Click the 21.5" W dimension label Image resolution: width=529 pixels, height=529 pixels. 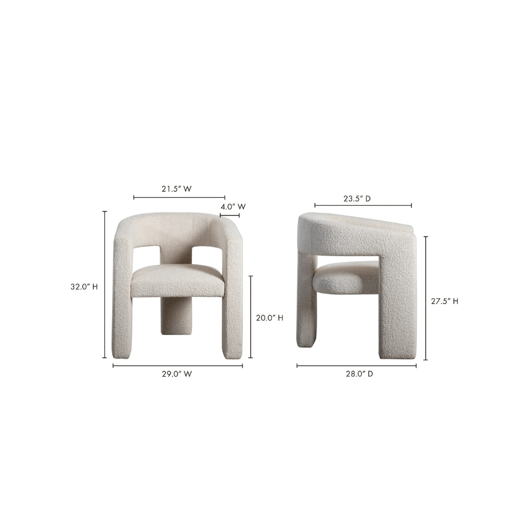click(176, 189)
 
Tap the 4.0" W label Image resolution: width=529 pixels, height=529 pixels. click(233, 207)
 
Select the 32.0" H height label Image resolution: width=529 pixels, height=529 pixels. click(84, 287)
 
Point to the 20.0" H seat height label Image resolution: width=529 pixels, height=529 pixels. click(269, 318)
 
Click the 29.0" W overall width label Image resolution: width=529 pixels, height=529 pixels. click(177, 374)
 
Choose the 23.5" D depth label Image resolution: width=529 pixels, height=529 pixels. click(357, 198)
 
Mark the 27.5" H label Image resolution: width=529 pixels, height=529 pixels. click(445, 301)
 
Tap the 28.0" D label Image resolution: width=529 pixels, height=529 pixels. click(360, 374)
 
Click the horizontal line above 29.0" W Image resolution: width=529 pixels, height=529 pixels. click(178, 365)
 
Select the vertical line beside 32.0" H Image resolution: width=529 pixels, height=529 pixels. click(105, 285)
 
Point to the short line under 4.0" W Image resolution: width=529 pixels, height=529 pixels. click(230, 215)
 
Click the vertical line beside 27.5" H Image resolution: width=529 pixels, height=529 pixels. click(426, 298)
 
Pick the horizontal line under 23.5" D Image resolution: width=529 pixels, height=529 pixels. click(363, 206)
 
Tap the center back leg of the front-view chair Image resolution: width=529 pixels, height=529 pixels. click(176, 316)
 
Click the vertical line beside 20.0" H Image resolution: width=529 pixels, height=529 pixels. click(251, 316)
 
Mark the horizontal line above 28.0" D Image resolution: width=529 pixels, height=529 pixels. click(357, 365)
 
